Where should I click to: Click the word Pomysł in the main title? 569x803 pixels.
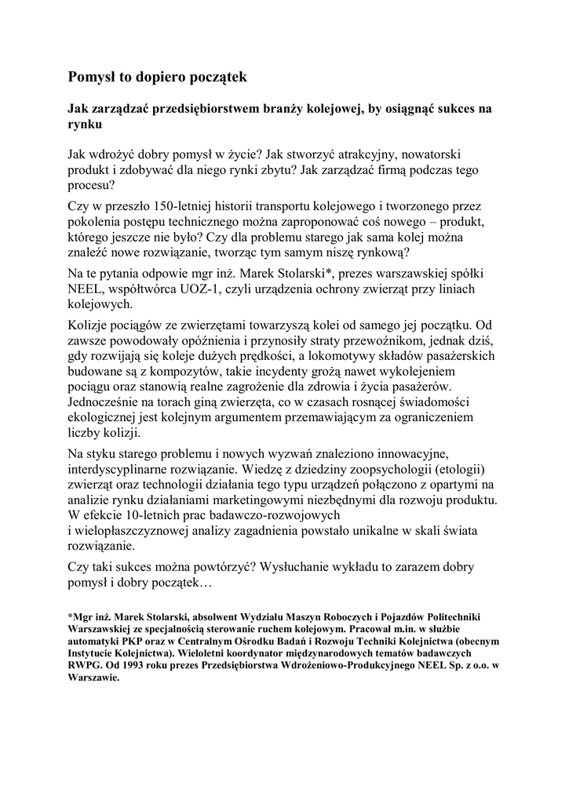pos(93,76)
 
